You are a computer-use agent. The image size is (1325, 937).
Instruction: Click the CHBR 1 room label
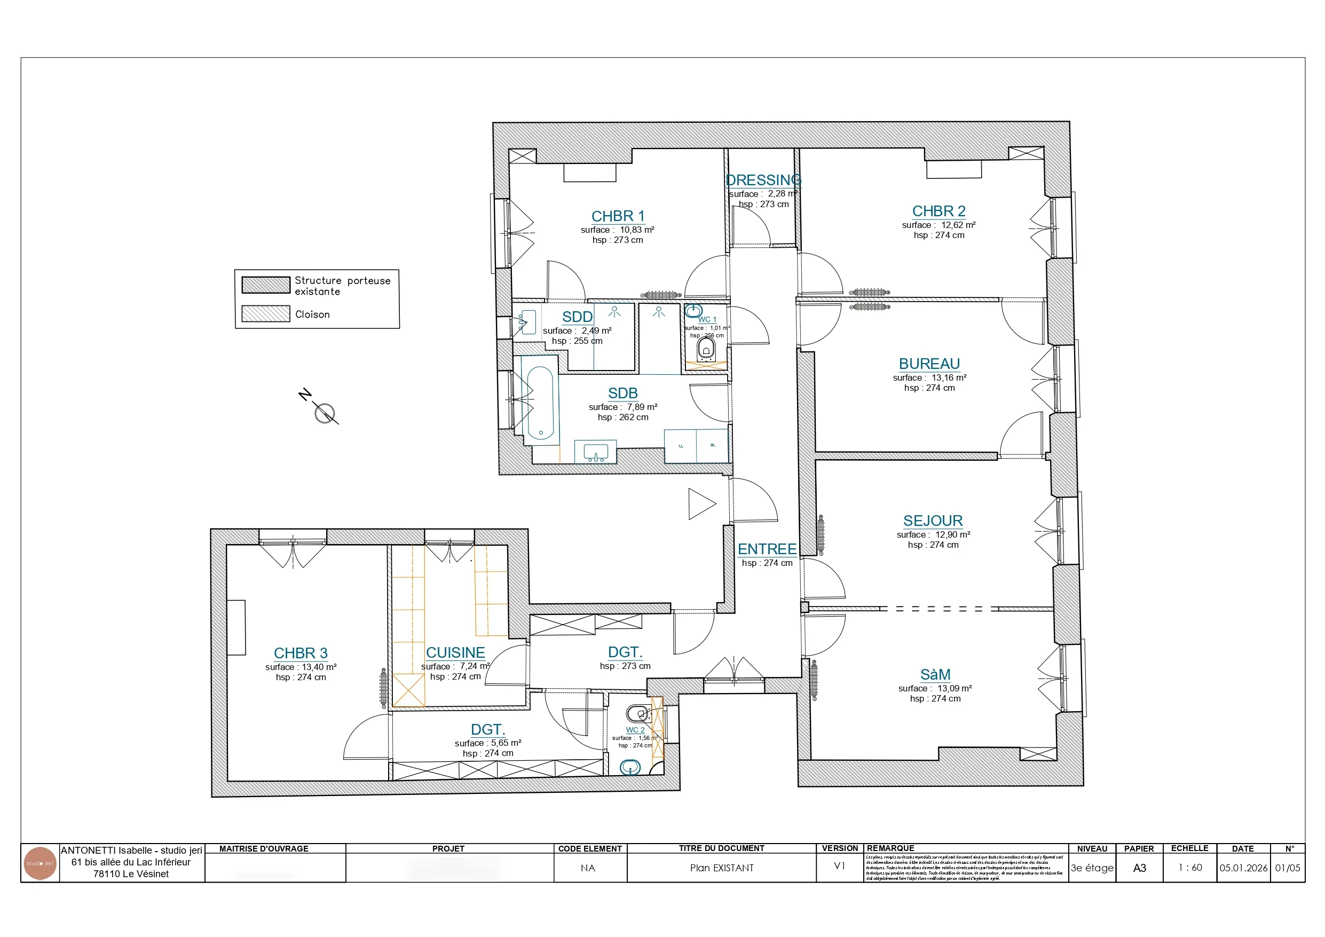pyautogui.click(x=618, y=216)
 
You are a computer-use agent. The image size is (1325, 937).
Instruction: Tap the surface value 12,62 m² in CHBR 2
pyautogui.click(x=958, y=225)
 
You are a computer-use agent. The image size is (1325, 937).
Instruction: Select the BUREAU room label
pyautogui.click(x=929, y=364)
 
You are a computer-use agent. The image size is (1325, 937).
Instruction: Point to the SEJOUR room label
pyautogui.click(x=933, y=521)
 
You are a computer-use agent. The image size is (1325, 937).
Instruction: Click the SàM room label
pyautogui.click(x=935, y=674)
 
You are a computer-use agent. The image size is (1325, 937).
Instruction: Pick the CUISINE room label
pyautogui.click(x=455, y=652)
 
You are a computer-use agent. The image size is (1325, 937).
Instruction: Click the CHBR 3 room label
pyautogui.click(x=300, y=653)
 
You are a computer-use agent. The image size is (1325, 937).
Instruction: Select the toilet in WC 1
pyautogui.click(x=706, y=349)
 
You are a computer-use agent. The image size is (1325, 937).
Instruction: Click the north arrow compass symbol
pyautogui.click(x=325, y=413)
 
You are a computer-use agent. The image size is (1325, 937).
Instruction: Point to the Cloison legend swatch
pyautogui.click(x=265, y=313)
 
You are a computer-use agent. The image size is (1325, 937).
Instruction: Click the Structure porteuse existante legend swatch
pyautogui.click(x=265, y=285)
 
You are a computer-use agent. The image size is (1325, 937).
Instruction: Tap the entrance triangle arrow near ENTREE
pyautogui.click(x=700, y=504)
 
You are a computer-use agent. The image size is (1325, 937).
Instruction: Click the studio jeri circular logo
pyautogui.click(x=40, y=864)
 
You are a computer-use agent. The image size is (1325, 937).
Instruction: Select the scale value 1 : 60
pyautogui.click(x=1189, y=868)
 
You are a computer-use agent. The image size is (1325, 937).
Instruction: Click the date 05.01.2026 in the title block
pyautogui.click(x=1243, y=868)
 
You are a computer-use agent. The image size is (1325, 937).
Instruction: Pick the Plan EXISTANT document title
pyautogui.click(x=721, y=868)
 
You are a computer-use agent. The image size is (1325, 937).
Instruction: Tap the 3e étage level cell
pyautogui.click(x=1092, y=868)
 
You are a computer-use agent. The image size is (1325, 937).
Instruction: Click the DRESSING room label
pyautogui.click(x=763, y=180)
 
